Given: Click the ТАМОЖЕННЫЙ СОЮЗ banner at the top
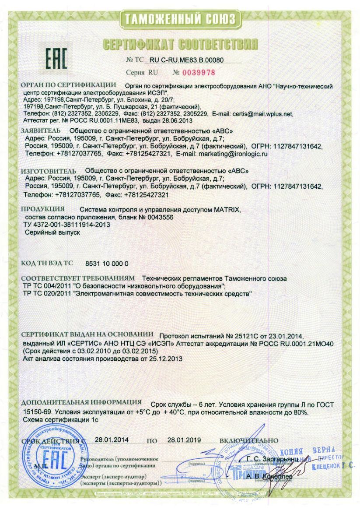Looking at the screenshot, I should click(180, 19).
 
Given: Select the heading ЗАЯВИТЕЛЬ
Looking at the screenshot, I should click(41, 131).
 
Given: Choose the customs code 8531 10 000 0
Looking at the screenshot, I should click(106, 264).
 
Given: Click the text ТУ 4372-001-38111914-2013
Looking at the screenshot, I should click(60, 225).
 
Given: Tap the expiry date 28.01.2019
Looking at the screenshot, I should click(183, 440).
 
